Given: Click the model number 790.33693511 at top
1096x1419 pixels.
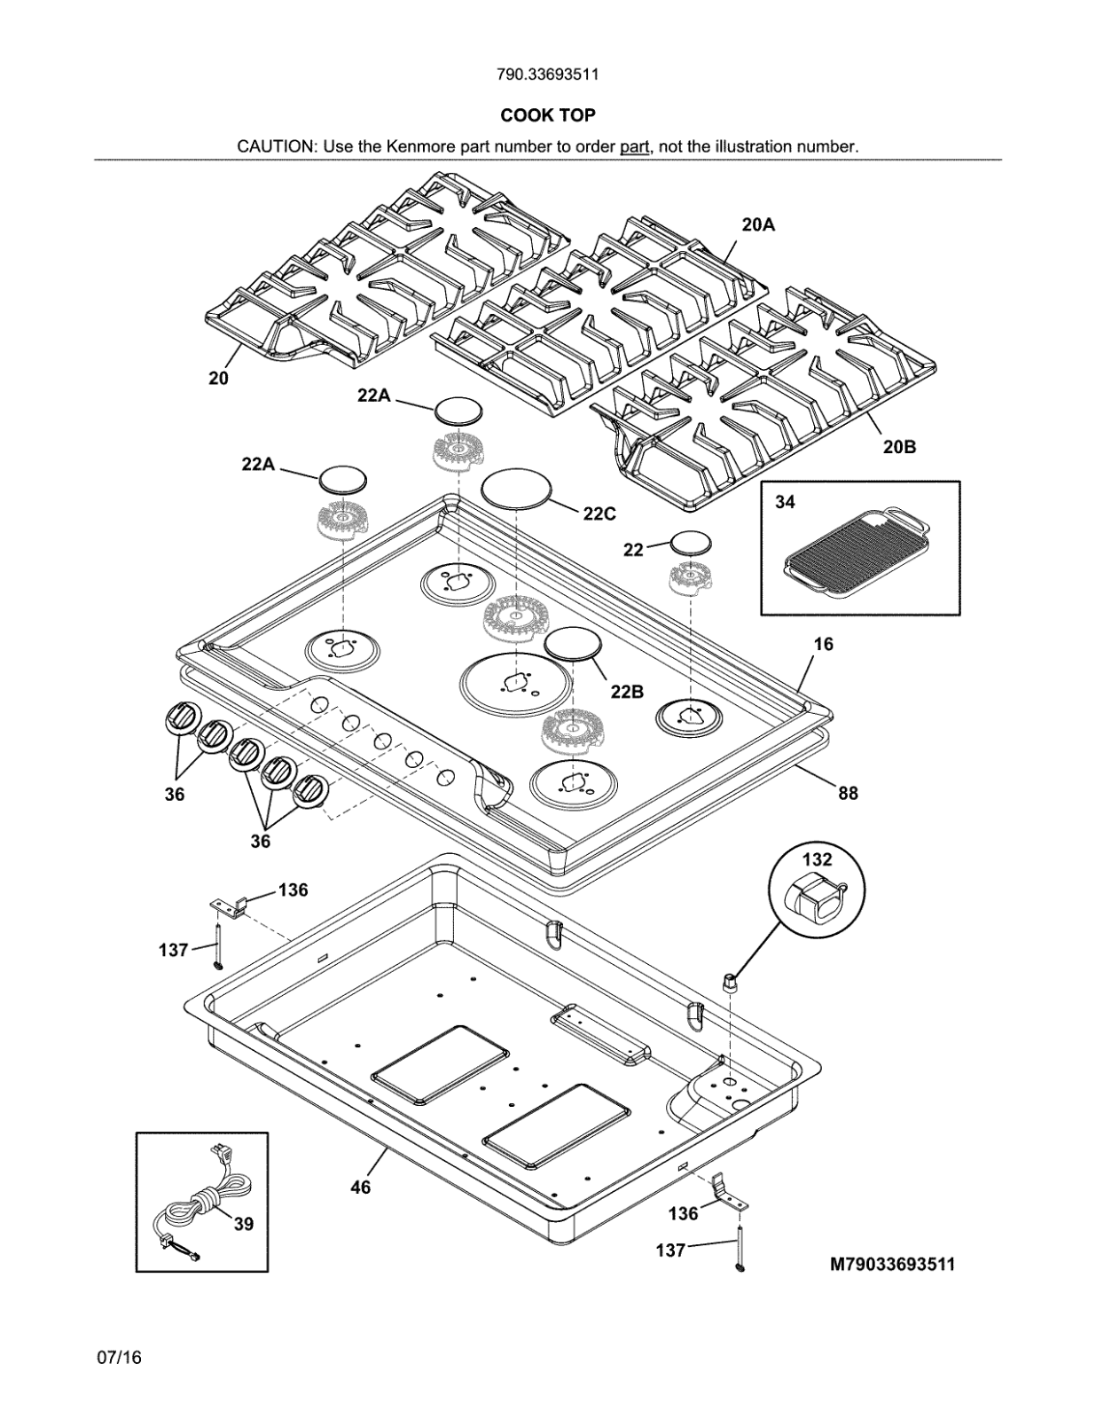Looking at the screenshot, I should tap(547, 74).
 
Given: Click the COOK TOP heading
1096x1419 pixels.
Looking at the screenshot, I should tap(547, 115).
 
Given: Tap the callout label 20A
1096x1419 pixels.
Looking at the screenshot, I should tap(757, 225).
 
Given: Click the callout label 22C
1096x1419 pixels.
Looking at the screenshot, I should tap(599, 514).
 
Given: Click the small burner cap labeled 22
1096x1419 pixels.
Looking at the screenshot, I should tap(691, 543).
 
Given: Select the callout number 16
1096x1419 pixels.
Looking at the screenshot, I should tap(823, 644).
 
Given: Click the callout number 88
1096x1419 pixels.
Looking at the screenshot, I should tap(848, 793).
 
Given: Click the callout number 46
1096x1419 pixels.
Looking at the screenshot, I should tap(360, 1187).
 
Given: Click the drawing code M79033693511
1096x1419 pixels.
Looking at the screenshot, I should tap(892, 1265).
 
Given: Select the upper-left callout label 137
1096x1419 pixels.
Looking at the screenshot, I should tap(174, 950).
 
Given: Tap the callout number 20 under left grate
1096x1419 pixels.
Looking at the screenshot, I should tap(218, 378).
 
